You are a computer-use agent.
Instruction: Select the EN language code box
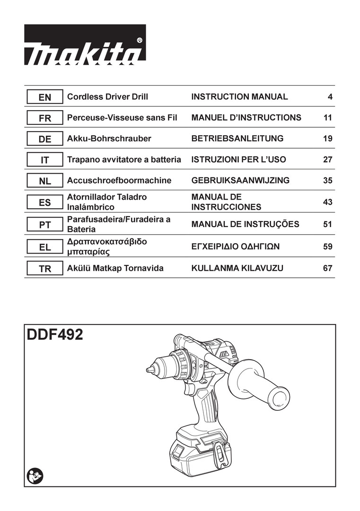(x=44, y=97)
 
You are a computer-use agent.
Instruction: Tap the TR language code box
(x=44, y=269)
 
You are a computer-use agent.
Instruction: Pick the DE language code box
(x=44, y=139)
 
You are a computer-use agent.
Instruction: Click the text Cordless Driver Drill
(x=107, y=97)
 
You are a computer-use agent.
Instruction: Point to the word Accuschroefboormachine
(x=119, y=180)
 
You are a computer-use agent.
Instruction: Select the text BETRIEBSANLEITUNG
(x=237, y=139)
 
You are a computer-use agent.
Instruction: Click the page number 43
(x=328, y=202)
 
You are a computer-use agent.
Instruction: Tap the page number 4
(x=330, y=97)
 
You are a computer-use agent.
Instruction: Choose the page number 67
(x=328, y=268)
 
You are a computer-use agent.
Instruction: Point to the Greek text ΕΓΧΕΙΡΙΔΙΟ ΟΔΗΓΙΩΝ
(x=236, y=246)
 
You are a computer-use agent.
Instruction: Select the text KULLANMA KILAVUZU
(x=237, y=268)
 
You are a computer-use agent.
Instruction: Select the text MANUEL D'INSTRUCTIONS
(x=246, y=118)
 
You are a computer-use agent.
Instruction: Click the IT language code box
(x=44, y=160)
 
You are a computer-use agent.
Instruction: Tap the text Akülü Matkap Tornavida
(x=115, y=268)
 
